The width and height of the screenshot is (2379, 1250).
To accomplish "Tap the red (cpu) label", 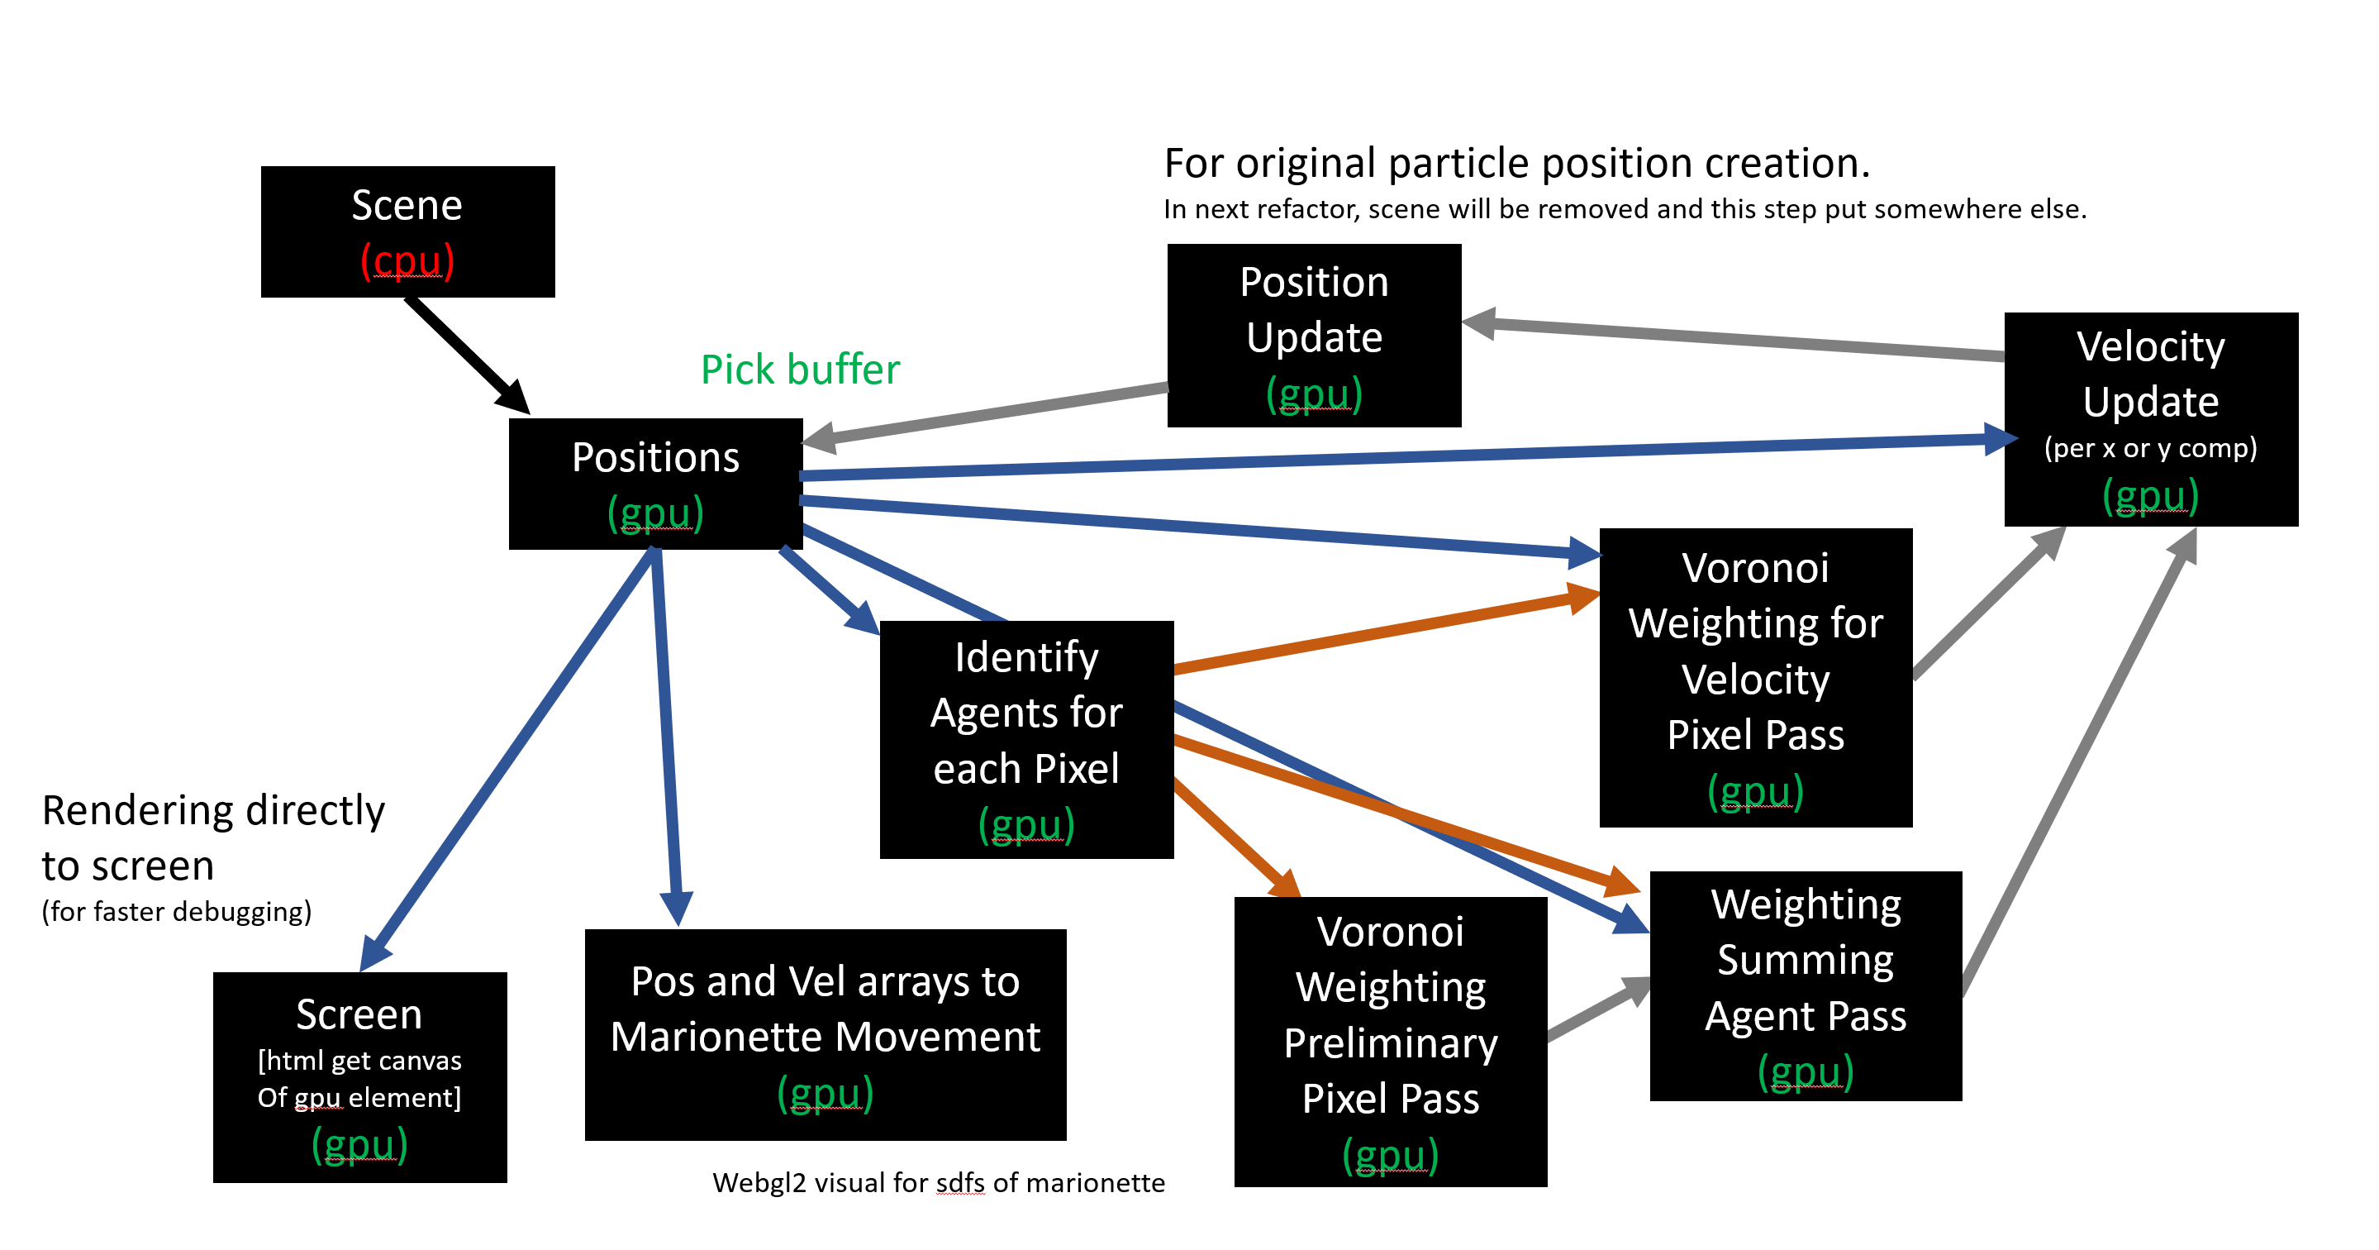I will [407, 261].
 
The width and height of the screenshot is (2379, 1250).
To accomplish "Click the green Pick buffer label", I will [800, 370].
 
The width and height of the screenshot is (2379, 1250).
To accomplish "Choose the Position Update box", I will [1313, 335].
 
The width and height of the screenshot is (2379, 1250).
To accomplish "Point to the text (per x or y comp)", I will [2150, 448].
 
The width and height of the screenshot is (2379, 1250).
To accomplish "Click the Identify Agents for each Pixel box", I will [1026, 739].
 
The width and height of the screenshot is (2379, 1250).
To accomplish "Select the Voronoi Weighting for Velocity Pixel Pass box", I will [1754, 676].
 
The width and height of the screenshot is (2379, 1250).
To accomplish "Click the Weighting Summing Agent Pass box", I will [1806, 985].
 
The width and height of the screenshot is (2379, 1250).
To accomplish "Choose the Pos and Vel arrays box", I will [825, 1034].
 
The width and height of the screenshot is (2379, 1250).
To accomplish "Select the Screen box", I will [359, 1076].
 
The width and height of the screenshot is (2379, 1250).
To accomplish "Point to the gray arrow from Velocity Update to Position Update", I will [1736, 339].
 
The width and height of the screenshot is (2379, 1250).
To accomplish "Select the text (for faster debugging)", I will [176, 912].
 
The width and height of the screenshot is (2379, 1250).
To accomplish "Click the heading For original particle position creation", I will [1516, 164].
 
